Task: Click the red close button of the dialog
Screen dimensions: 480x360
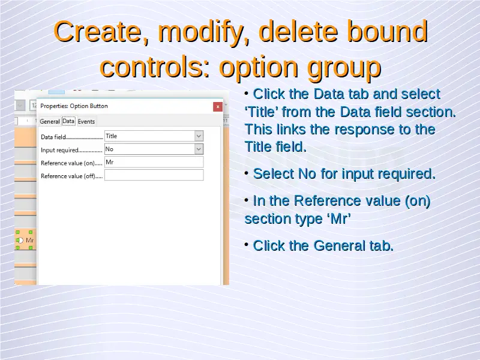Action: pos(218,107)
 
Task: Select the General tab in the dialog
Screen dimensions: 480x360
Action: pos(50,121)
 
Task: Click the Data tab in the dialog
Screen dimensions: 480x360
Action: pos(68,121)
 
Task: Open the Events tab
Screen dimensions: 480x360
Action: pos(86,121)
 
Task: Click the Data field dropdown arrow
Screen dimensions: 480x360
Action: pos(199,136)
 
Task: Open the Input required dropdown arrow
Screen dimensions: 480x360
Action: pos(199,149)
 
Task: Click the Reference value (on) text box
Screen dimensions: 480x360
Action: pos(154,162)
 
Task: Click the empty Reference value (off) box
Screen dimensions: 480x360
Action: pos(154,175)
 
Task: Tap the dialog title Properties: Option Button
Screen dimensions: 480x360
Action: pos(74,106)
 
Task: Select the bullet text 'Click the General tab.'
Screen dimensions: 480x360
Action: pos(323,245)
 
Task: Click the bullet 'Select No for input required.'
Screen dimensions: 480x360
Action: pos(344,174)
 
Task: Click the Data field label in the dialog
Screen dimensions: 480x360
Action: pos(53,137)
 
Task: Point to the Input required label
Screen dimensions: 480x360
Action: pos(59,150)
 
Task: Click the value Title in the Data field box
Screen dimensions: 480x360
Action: pos(112,136)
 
